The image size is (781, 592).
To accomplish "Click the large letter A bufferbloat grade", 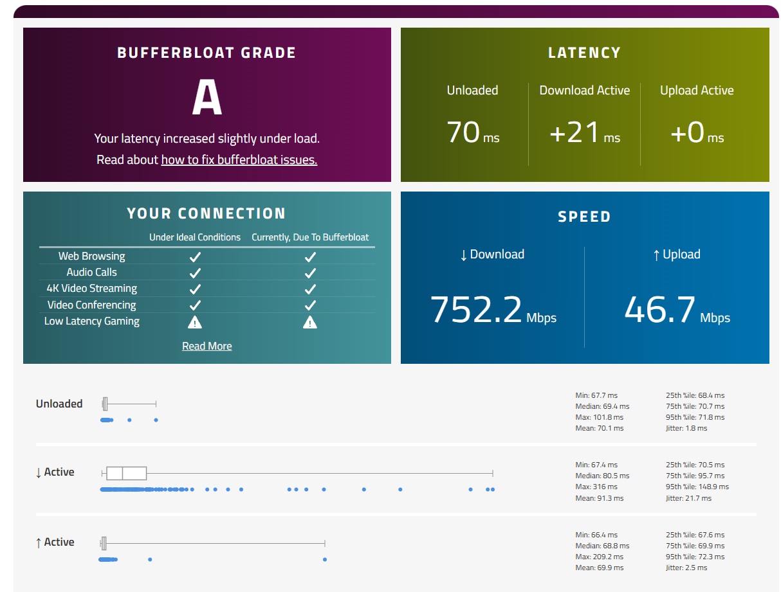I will (207, 99).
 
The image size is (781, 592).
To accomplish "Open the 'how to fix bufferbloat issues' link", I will (239, 159).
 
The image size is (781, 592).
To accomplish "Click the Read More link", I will (207, 346).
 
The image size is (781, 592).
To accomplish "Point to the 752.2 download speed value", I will (475, 309).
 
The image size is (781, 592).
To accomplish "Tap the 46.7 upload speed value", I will (660, 309).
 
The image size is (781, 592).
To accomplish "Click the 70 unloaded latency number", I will (463, 132).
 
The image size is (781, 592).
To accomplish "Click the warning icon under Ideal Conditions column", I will (196, 322).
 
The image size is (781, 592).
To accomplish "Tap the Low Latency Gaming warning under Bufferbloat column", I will (310, 322).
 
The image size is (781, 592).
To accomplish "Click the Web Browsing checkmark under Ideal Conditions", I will (196, 256).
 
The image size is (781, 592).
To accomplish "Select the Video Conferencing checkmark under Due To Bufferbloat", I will (310, 305).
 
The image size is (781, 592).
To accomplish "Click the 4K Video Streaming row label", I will (91, 289).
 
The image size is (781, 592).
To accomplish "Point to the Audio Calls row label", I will (91, 272).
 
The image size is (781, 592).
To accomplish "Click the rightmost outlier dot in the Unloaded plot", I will (156, 420).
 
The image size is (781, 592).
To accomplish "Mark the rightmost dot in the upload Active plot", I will (324, 559).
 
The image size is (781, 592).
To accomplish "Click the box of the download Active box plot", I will (126, 474).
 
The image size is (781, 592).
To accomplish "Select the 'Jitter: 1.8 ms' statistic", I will (686, 428).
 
